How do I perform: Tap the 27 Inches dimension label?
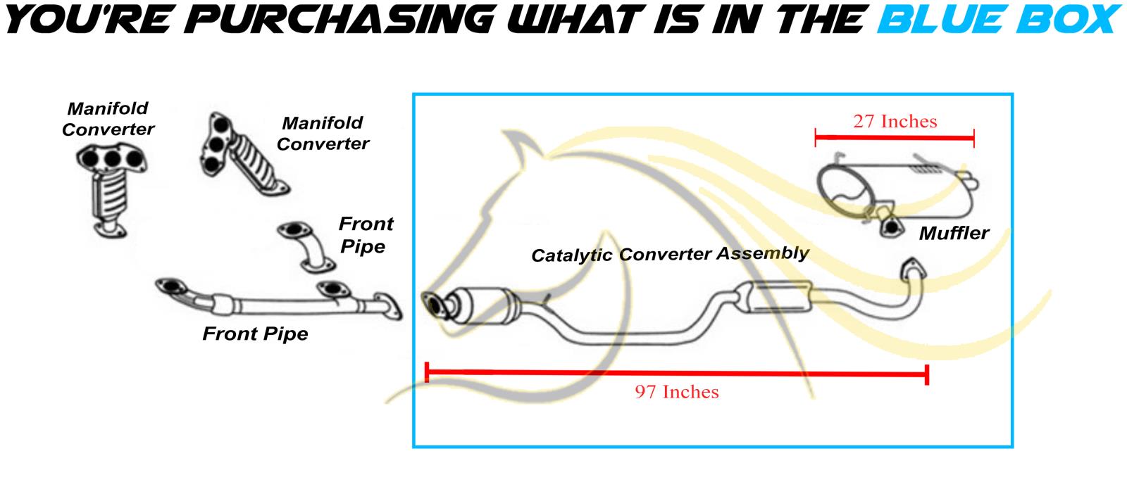click(x=895, y=121)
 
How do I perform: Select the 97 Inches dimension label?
click(x=677, y=392)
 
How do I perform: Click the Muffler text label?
click(x=954, y=233)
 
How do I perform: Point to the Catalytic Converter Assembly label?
click(x=670, y=254)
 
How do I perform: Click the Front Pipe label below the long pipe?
click(x=255, y=334)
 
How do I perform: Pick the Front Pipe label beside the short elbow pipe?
click(x=366, y=235)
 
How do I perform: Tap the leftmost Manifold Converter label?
click(x=108, y=119)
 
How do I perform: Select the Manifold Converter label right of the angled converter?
click(x=323, y=133)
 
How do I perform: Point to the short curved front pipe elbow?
click(x=306, y=247)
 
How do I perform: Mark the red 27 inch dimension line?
click(x=895, y=137)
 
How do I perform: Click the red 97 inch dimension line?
click(x=677, y=374)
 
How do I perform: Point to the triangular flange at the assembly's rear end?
click(x=913, y=269)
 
